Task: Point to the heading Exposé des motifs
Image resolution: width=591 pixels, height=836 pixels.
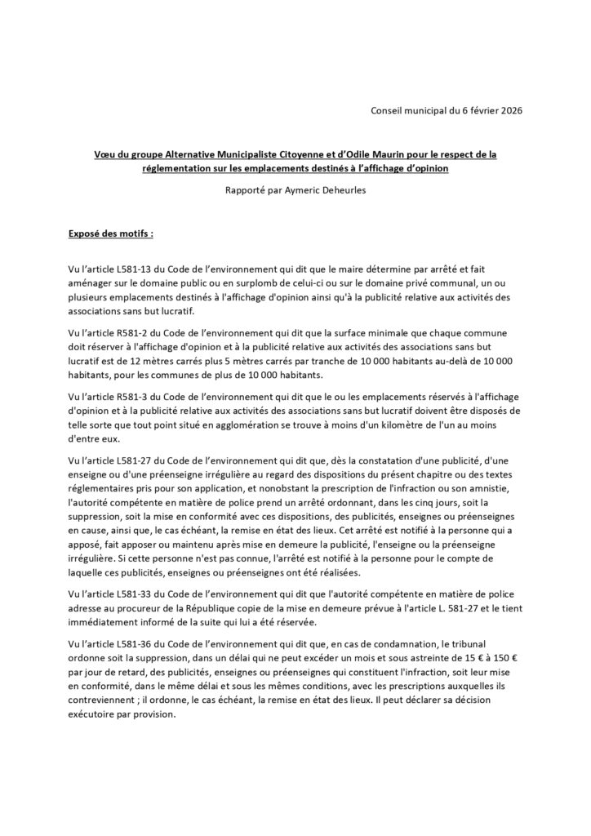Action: click(x=110, y=233)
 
